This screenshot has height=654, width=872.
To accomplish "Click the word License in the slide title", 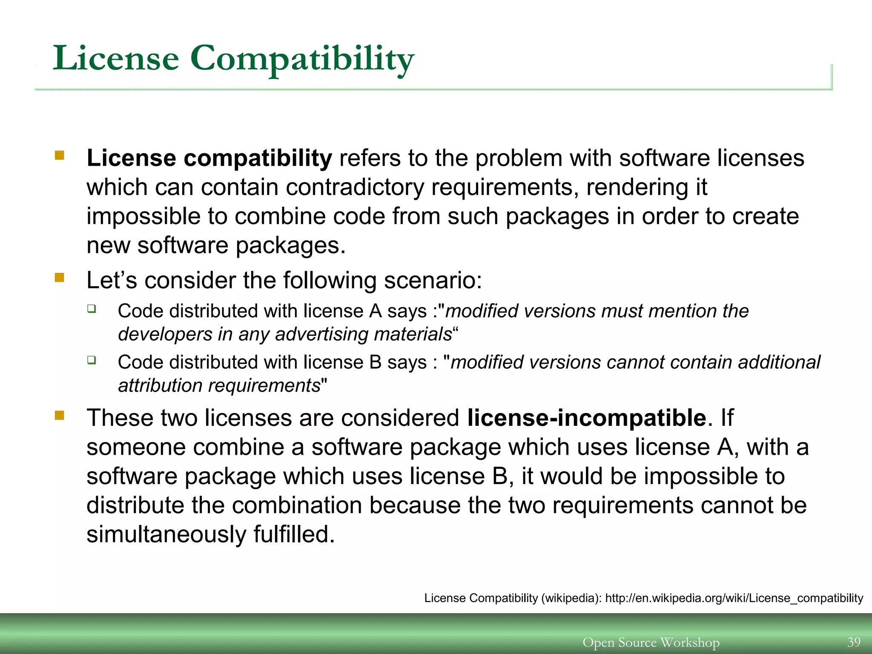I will [x=116, y=59].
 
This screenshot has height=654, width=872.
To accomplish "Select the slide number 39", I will [x=854, y=642].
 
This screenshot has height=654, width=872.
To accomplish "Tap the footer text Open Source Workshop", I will [x=651, y=642].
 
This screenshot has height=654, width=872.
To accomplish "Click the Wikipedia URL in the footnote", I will [x=734, y=598].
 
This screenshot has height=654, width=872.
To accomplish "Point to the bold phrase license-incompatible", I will [x=587, y=418].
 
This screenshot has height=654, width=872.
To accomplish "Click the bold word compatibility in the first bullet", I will [x=258, y=158].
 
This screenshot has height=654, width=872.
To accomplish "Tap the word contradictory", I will [x=355, y=187].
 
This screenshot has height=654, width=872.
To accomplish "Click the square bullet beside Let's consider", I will [x=59, y=278].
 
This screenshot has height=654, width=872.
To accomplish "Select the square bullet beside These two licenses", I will [x=59, y=415].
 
